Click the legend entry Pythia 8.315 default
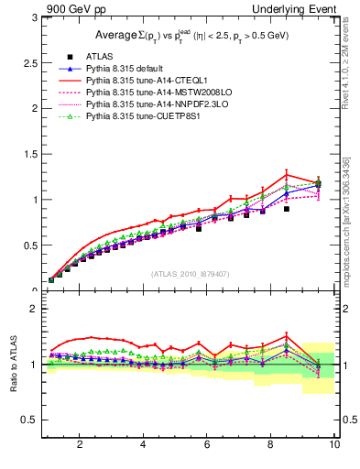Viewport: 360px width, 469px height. (127, 69)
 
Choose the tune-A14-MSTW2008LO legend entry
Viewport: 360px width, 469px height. (150, 93)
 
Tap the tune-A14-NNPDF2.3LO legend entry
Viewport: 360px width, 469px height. (149, 104)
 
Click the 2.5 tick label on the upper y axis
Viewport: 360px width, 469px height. (27, 62)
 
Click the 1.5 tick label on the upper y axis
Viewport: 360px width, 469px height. (27, 154)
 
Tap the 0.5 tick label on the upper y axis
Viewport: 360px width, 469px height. (27, 245)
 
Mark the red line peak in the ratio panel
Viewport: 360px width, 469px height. (287, 335)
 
